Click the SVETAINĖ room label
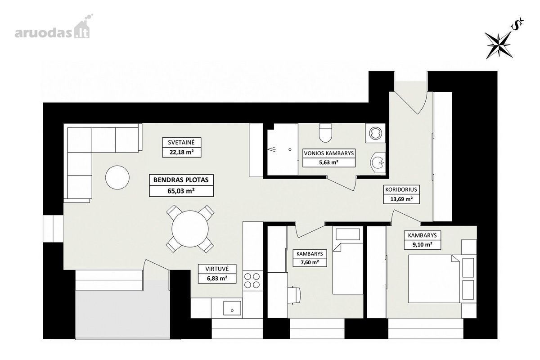[181, 142]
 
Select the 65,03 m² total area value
[181, 191]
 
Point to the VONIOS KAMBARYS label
[329, 153]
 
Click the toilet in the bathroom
[325, 133]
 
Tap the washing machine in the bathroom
[375, 133]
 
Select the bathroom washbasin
[378, 162]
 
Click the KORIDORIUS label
[401, 189]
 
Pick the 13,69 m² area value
[401, 199]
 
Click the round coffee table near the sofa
[117, 177]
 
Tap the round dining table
[190, 229]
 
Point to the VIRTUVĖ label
[217, 269]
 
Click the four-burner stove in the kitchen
[252, 280]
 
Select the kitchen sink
[232, 308]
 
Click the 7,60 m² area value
[310, 262]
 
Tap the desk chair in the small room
[295, 295]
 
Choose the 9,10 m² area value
[423, 244]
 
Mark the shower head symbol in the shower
[273, 149]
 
